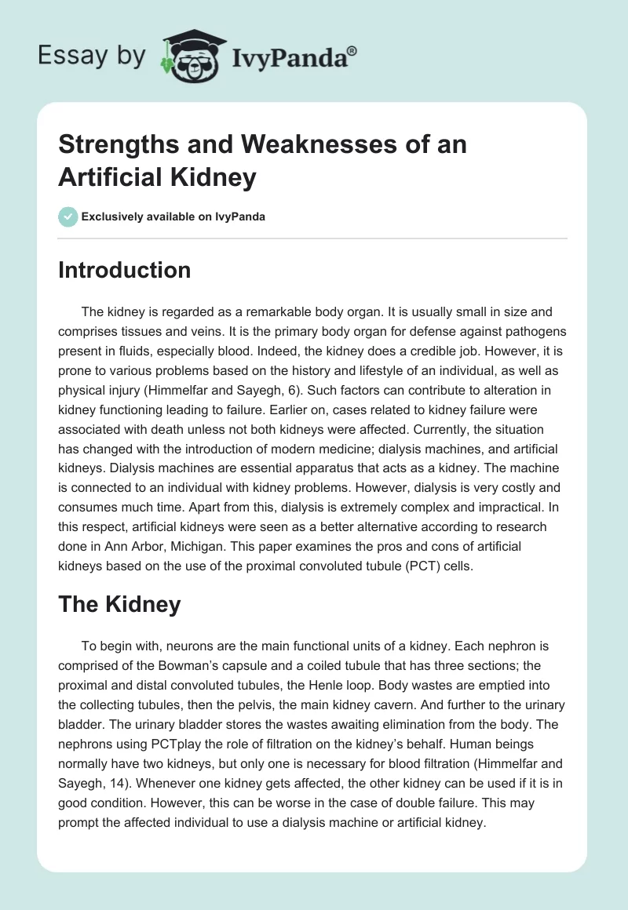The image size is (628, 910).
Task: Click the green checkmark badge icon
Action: (68, 217)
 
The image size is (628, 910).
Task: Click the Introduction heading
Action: (125, 270)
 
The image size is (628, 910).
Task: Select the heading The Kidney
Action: (119, 604)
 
